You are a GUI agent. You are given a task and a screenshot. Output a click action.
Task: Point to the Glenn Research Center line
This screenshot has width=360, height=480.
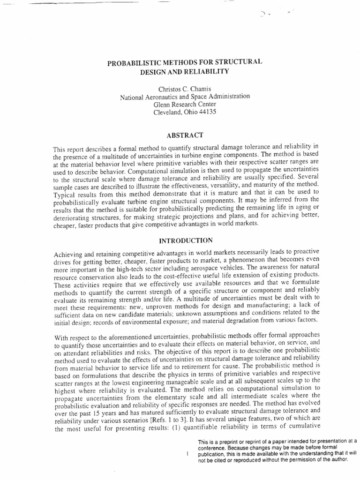coord(184,105)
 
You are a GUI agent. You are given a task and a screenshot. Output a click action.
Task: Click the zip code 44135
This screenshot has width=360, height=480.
coord(206,113)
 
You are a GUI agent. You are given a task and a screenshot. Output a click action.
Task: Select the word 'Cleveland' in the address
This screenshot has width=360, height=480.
coord(170,113)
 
